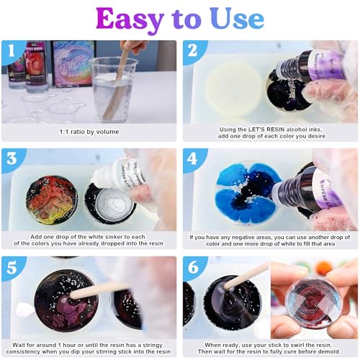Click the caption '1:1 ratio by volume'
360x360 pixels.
tap(90, 132)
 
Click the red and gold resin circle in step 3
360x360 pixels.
tap(52, 199)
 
